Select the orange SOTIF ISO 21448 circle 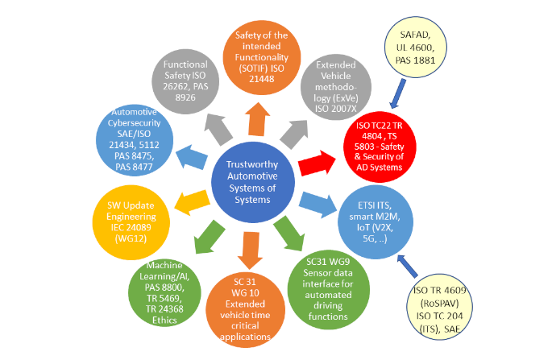click(x=259, y=52)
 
